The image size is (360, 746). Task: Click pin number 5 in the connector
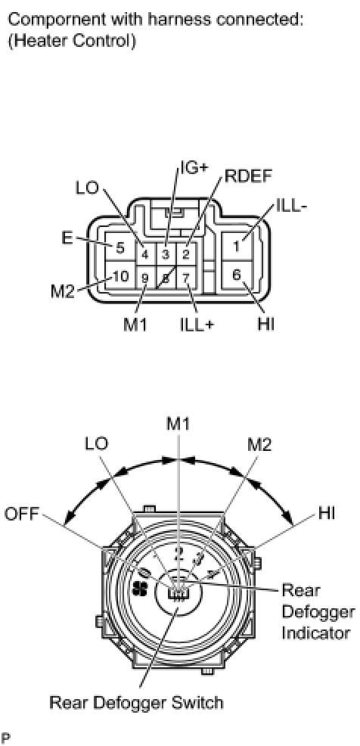pyautogui.click(x=119, y=248)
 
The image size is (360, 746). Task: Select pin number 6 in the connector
pyautogui.click(x=237, y=275)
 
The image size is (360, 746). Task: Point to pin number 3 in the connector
pyautogui.click(x=166, y=254)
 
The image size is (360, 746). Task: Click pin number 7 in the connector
pyautogui.click(x=186, y=277)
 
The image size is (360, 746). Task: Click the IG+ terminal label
pyautogui.click(x=194, y=169)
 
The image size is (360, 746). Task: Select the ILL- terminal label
pyautogui.click(x=291, y=207)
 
